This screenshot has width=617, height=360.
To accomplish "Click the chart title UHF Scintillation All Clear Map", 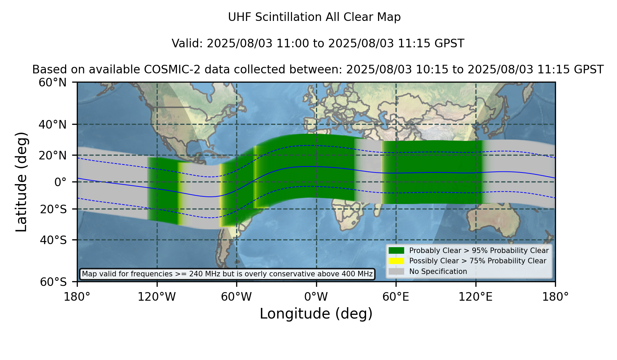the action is tap(314, 17).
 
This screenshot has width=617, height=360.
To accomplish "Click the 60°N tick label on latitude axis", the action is tap(53, 83).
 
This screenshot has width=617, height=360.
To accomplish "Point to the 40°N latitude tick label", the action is tap(53, 124).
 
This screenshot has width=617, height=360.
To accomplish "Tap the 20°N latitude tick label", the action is tap(53, 156).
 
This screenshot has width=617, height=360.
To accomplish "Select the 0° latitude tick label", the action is tap(61, 182).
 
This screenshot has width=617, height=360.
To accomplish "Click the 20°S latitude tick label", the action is tap(53, 209).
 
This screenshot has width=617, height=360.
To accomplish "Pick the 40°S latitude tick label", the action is tap(53, 240).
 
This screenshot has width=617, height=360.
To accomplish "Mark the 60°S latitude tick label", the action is tap(53, 282).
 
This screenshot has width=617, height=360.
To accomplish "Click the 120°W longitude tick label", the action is tap(157, 297).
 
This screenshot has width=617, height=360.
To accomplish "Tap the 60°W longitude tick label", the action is tap(237, 297).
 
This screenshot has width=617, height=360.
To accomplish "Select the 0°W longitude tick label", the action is tap(316, 297).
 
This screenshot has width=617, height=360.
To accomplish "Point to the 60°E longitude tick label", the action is tap(396, 297).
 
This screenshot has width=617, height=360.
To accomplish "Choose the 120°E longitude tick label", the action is tap(476, 297).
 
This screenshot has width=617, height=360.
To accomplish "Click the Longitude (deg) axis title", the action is tap(316, 314).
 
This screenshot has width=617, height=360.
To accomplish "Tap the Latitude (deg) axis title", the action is tap(22, 182).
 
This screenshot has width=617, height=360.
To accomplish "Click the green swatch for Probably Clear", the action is tap(397, 251).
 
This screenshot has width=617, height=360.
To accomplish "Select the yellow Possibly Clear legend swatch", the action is tap(397, 261).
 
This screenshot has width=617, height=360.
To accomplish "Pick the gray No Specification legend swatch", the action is tap(397, 272).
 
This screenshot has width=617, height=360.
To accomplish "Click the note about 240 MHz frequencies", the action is tap(227, 274).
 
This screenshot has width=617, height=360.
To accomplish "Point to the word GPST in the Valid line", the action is tap(450, 44).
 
